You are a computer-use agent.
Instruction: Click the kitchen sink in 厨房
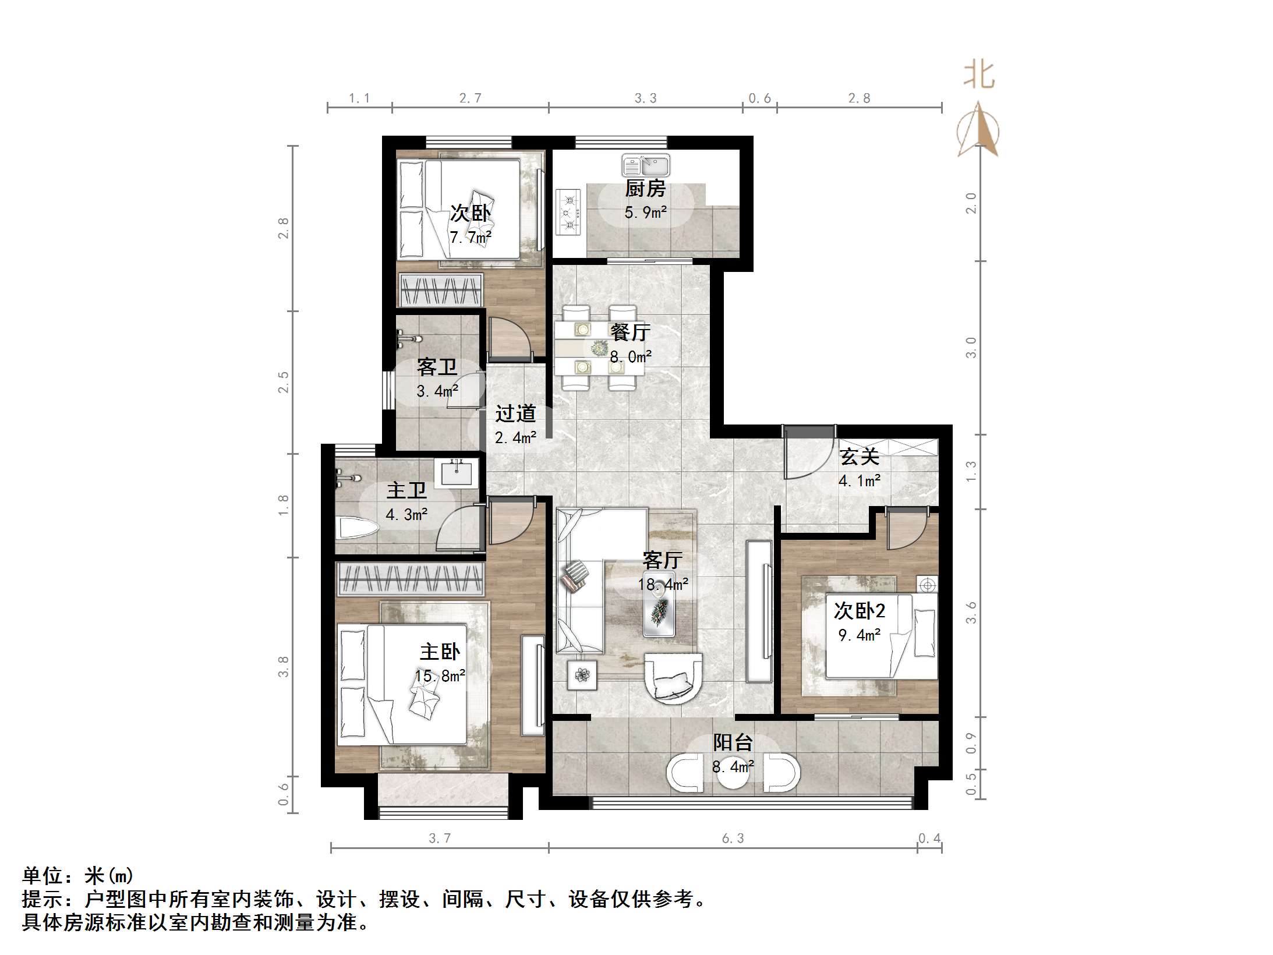click(645, 165)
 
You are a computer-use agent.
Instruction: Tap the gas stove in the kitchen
click(568, 213)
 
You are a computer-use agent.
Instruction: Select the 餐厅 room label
click(630, 332)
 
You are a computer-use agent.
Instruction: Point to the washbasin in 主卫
click(459, 472)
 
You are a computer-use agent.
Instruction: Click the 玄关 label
click(859, 457)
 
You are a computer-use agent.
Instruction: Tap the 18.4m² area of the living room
click(663, 584)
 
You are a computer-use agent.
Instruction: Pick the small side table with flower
click(582, 675)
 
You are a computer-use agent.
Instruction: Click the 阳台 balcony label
click(733, 742)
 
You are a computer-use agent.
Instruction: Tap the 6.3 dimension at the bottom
click(733, 838)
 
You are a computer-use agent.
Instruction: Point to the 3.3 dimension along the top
click(645, 98)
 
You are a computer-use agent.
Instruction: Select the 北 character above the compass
click(979, 76)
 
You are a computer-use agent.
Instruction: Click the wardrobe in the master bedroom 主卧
click(411, 579)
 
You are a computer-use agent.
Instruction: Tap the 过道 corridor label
click(515, 413)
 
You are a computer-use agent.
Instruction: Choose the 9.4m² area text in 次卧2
click(859, 635)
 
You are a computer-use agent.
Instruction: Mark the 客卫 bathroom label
click(437, 367)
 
